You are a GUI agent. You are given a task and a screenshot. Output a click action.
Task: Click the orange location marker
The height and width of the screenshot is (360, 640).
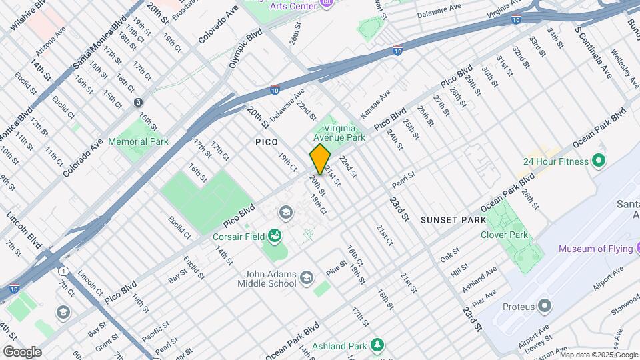pos(320,159)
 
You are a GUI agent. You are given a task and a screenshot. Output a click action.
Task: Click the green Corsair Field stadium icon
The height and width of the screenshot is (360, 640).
pos(274,236)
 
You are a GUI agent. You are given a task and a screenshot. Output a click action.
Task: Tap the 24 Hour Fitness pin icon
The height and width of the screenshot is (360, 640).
pos(599,161)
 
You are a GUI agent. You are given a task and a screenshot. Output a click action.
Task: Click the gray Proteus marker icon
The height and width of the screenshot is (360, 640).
pos(545,306)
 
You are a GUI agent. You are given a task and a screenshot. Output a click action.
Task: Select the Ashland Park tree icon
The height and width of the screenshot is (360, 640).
pos(378,345)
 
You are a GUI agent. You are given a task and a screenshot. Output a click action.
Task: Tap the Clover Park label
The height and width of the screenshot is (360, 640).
pos(504,235)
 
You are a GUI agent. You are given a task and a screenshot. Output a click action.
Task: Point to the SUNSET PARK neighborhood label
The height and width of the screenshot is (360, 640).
pos(453,219)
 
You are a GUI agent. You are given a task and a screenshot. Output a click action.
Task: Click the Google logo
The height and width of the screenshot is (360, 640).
pos(22,351)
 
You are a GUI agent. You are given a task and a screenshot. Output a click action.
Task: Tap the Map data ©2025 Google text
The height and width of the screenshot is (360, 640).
pos(599,355)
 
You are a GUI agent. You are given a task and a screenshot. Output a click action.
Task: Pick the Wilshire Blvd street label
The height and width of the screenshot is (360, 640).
pos(28,15)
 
